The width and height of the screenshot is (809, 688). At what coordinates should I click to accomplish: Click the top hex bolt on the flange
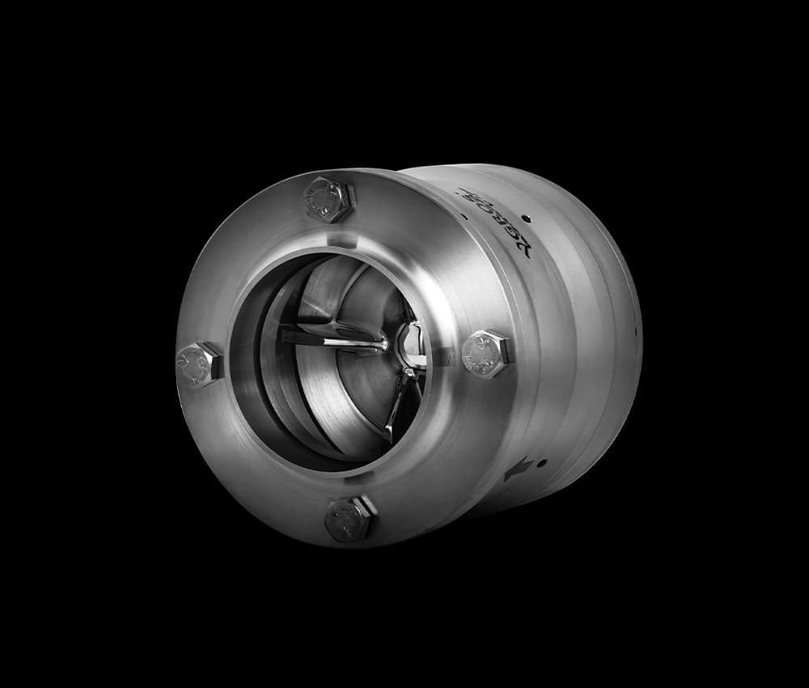tap(328, 199)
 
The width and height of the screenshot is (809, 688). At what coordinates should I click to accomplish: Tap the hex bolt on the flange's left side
tap(198, 364)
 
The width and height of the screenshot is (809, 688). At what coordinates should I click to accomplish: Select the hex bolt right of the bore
tap(487, 353)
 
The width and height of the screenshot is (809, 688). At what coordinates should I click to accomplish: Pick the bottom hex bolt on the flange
tap(349, 519)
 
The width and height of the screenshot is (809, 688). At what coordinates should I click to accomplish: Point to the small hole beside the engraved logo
tap(527, 218)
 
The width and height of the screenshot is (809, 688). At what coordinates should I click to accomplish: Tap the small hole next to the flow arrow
tap(541, 463)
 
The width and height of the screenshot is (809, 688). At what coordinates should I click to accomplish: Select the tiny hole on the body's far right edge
tap(637, 331)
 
